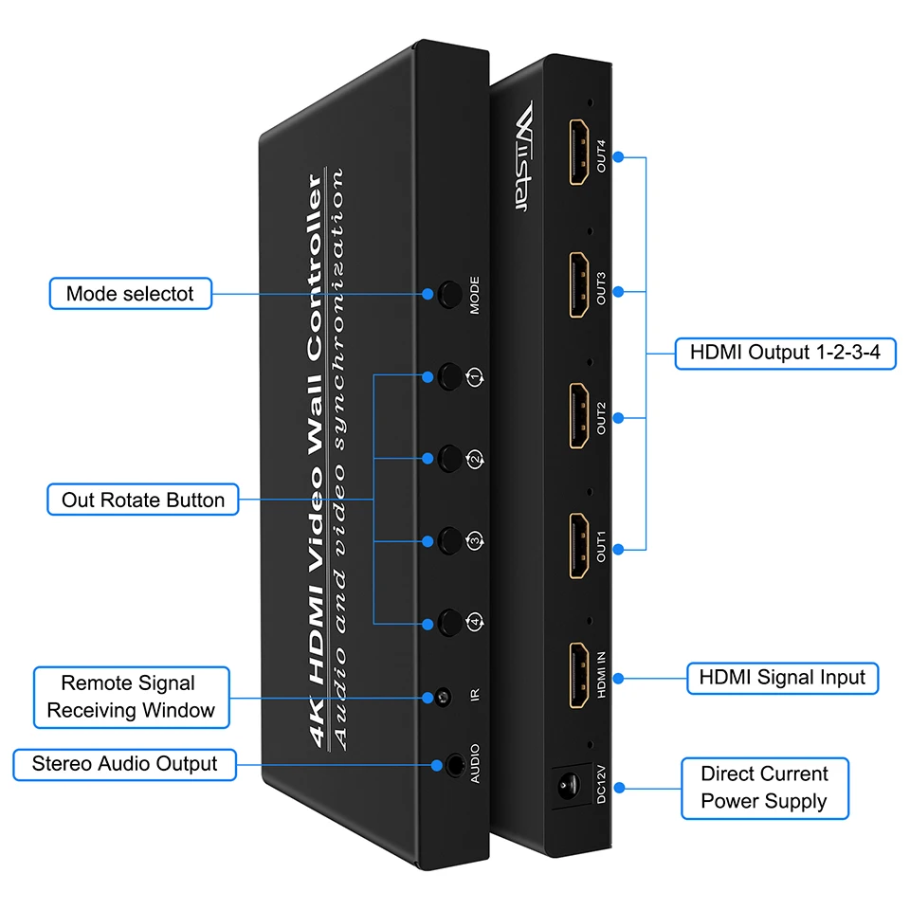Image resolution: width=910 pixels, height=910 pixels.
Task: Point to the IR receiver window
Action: [443, 700]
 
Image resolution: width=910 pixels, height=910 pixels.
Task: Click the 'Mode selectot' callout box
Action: [130, 294]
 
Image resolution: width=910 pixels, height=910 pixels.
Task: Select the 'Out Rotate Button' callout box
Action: [143, 500]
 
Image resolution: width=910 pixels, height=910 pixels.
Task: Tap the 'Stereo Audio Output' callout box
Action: [124, 764]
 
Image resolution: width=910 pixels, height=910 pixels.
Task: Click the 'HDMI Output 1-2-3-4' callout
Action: [785, 354]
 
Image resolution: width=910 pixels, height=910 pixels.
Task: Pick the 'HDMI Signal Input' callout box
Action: [782, 678]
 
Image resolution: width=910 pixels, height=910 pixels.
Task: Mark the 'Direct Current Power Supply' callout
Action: [764, 788]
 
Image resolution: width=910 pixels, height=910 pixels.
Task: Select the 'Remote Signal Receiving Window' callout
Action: [132, 697]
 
